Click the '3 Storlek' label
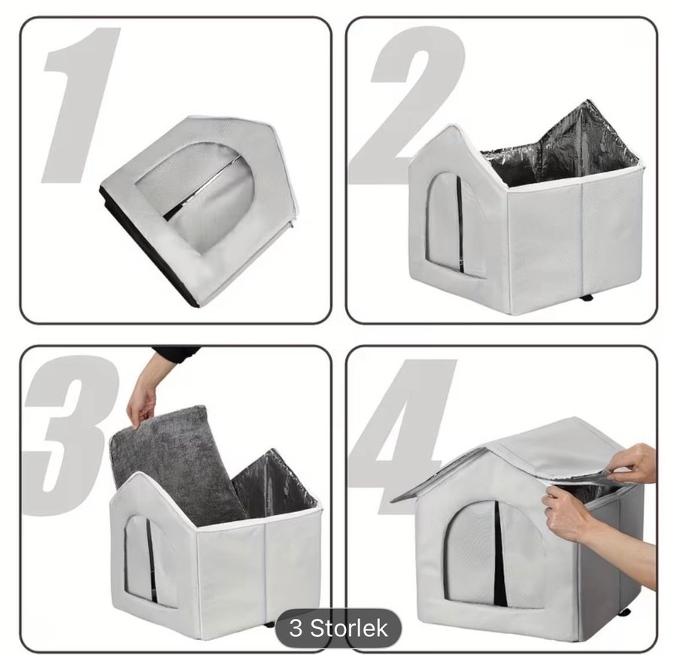point(338,628)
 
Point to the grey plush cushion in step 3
point(173,458)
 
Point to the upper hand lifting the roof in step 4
point(635,465)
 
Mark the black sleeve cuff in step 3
point(175,356)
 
